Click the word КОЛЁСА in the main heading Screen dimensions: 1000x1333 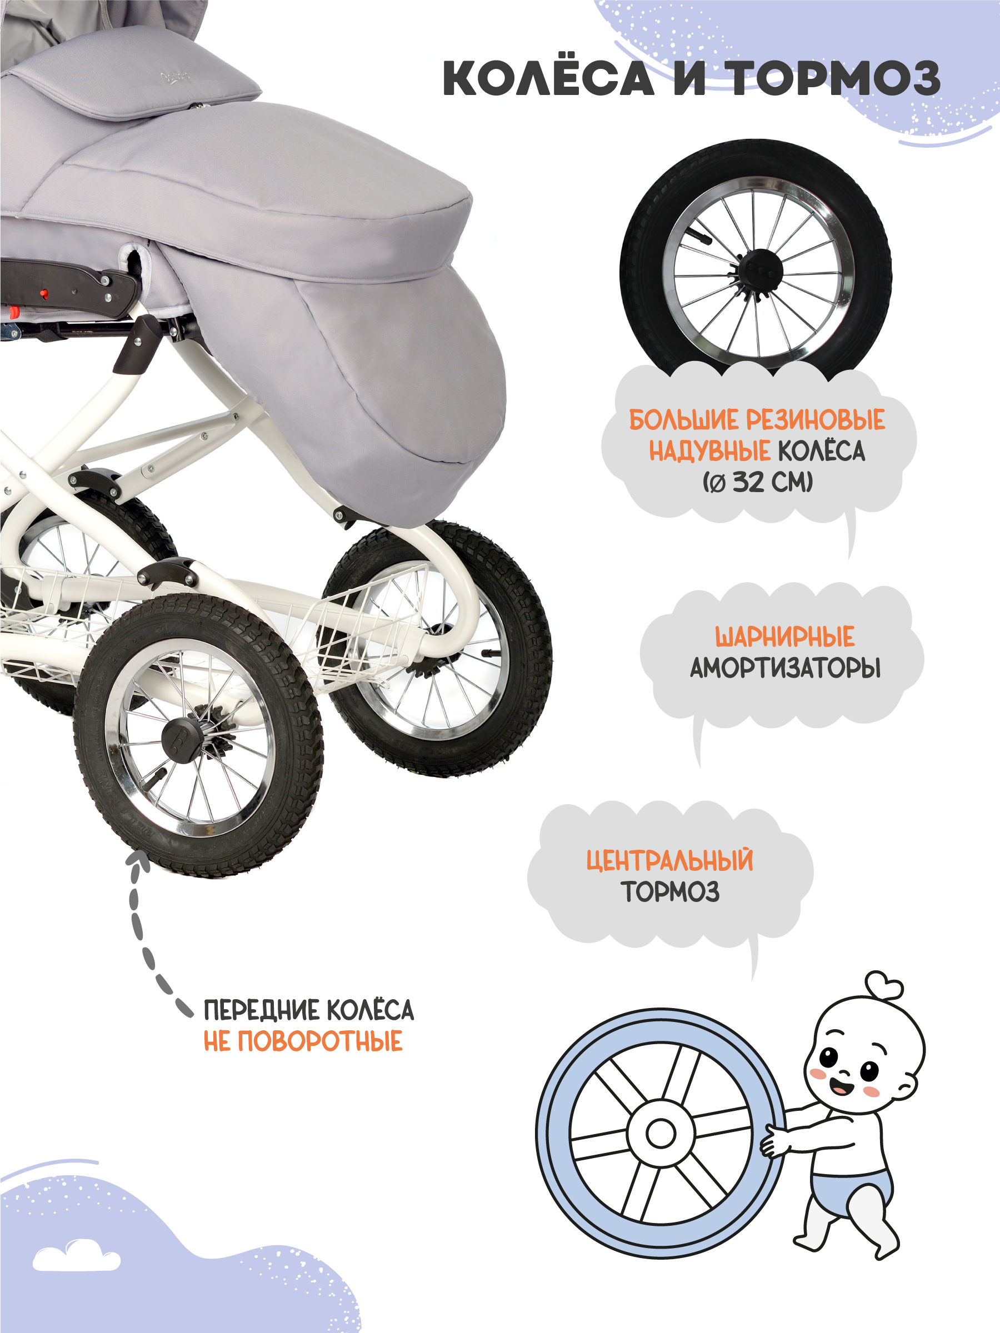548,78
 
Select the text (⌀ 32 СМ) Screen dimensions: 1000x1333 758,482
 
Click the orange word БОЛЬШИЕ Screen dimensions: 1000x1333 683,420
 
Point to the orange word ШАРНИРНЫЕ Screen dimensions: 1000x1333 784,637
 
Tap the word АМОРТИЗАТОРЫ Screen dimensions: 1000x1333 785,668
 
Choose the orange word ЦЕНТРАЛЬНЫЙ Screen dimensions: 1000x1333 669,860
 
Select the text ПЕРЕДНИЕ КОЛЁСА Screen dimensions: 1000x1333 309,1011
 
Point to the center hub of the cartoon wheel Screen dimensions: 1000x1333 661,1134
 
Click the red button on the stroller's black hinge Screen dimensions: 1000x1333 43,293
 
